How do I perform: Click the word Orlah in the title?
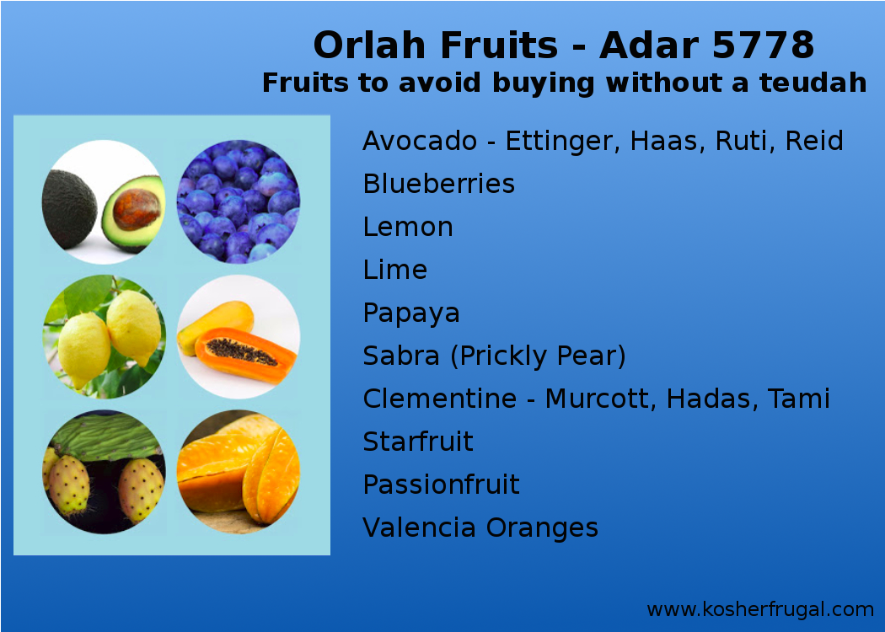pos(364,46)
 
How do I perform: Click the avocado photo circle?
pos(103,202)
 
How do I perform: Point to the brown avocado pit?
pos(137,210)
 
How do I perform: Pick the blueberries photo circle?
pos(238,202)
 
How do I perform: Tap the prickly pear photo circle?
pos(103,472)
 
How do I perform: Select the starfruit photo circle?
pos(238,472)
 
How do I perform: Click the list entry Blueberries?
pos(438,184)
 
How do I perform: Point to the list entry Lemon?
pos(408,227)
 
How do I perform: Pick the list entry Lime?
pos(394,270)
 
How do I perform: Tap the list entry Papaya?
pos(411,313)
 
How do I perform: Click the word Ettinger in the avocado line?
pos(554,141)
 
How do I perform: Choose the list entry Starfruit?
pos(418,442)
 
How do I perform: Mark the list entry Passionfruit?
pos(441,485)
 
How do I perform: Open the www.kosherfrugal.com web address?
pos(759,609)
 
